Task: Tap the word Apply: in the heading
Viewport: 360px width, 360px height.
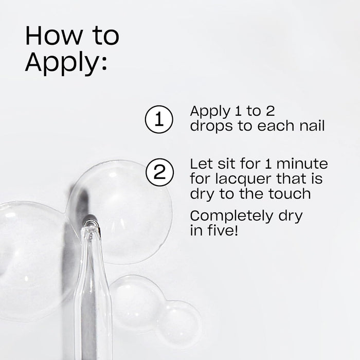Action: pyautogui.click(x=66, y=63)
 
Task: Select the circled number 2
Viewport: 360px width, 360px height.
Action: pyautogui.click(x=158, y=172)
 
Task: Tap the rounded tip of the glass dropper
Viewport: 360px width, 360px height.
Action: pyautogui.click(x=91, y=222)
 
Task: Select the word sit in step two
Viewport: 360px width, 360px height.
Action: pyautogui.click(x=224, y=165)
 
